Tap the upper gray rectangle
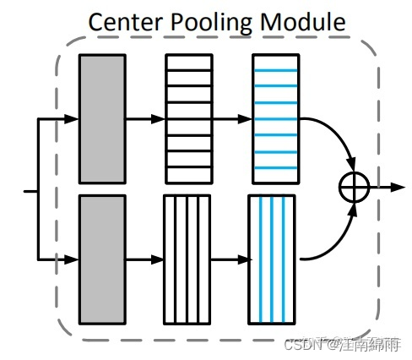(x=102, y=118)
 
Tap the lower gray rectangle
(x=102, y=259)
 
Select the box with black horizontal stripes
(x=188, y=118)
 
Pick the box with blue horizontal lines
(x=275, y=118)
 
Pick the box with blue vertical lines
(x=273, y=259)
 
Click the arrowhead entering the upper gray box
(x=73, y=119)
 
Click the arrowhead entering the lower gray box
(x=73, y=259)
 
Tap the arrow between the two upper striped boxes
(x=232, y=119)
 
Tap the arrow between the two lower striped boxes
(x=229, y=259)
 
